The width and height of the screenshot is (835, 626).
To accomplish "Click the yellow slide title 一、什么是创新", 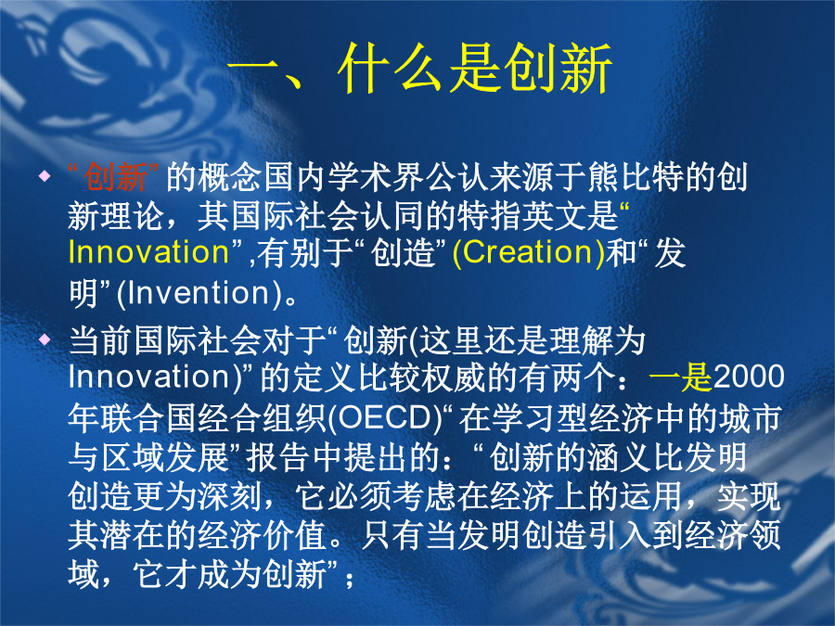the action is tap(419, 69).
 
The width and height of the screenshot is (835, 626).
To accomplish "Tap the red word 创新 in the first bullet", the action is tap(116, 177).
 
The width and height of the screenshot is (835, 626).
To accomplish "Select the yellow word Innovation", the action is tap(148, 251).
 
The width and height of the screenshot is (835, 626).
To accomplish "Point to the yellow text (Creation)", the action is tap(528, 253).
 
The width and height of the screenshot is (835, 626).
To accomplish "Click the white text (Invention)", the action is tap(199, 293).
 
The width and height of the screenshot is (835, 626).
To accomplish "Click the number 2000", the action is tap(748, 377).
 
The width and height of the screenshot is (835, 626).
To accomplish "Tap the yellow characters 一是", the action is tap(681, 377).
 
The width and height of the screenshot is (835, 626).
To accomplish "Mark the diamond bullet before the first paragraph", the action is tap(45, 175).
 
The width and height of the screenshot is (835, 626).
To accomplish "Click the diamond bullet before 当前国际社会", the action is tap(45, 339).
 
